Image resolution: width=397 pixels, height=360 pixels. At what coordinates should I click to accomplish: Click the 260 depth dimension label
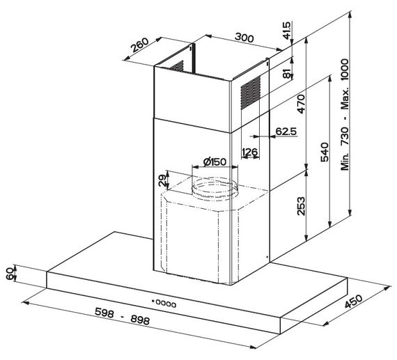click(x=140, y=45)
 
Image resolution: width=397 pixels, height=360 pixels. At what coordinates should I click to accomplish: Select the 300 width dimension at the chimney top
click(x=244, y=38)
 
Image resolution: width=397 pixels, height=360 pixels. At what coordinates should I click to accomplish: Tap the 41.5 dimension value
click(x=287, y=31)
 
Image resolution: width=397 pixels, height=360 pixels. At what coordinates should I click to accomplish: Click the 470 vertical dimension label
click(x=302, y=104)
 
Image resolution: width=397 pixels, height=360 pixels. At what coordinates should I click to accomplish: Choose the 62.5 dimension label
click(x=286, y=131)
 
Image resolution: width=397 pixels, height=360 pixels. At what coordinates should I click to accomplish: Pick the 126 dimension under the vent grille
click(x=250, y=152)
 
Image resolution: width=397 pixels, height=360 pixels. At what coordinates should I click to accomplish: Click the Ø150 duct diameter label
click(x=215, y=162)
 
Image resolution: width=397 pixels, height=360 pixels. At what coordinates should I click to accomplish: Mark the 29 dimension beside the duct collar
click(x=163, y=180)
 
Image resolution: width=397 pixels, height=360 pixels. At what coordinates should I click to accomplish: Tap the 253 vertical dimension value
click(x=301, y=206)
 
